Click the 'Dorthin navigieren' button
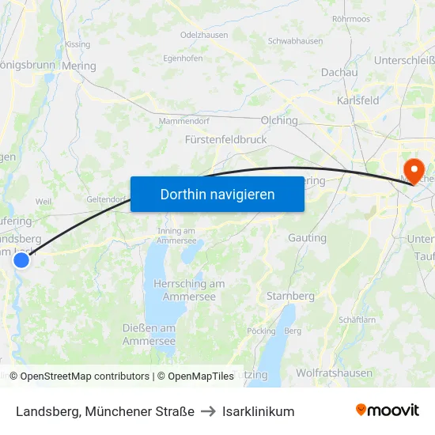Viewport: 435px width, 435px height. point(217,194)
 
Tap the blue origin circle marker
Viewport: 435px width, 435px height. point(21,259)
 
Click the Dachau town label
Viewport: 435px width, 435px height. point(339,72)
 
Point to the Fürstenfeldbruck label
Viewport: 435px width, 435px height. point(225,139)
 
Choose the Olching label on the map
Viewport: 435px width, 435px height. point(279,121)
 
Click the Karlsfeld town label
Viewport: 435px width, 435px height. point(357,100)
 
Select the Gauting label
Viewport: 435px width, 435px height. point(307,237)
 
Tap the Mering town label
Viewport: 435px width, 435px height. point(78,66)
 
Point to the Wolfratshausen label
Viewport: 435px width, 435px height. point(334,373)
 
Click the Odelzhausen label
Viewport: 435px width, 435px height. point(205,36)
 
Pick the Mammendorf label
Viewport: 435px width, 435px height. point(183,120)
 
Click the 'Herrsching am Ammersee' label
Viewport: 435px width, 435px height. point(189,289)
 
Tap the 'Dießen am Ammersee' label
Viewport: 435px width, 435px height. point(149,335)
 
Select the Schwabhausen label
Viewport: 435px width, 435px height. point(295,40)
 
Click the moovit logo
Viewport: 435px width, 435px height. point(387,410)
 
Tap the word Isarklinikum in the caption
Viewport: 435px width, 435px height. point(259,411)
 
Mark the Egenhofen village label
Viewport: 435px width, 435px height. point(183,58)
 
